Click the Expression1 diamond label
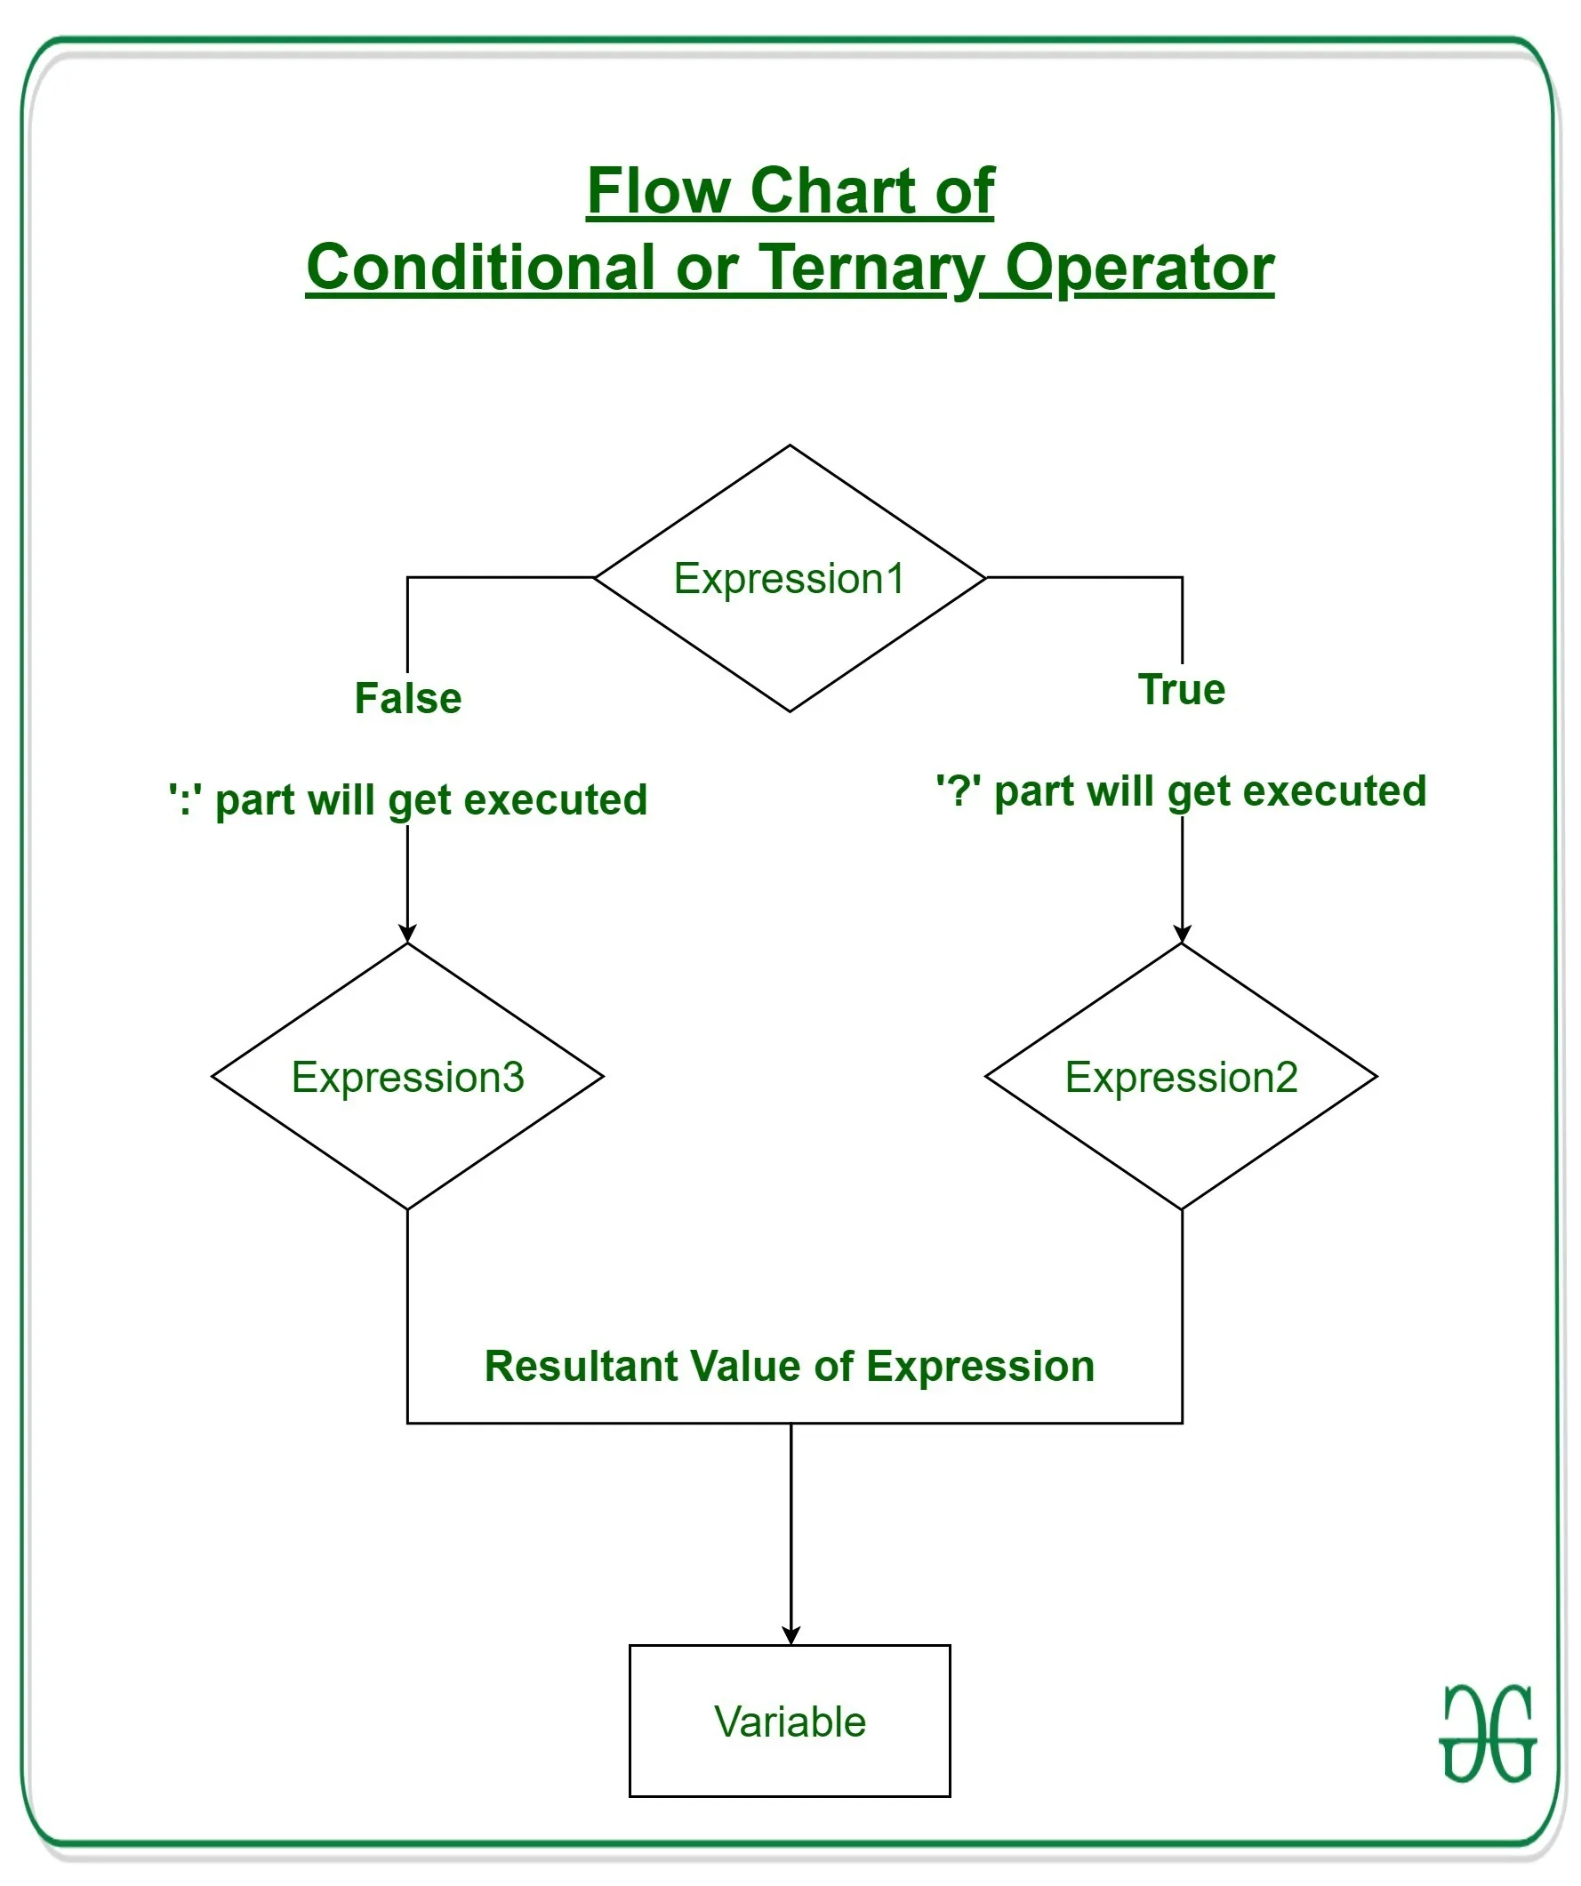[x=790, y=578]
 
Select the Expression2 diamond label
[x=1181, y=1077]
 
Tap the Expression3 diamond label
[x=408, y=1077]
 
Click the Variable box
[x=790, y=1721]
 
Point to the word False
[x=408, y=698]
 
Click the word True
[x=1181, y=689]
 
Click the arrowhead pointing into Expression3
[x=408, y=934]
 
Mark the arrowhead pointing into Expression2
[x=1182, y=934]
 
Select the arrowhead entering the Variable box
[x=790, y=1636]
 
